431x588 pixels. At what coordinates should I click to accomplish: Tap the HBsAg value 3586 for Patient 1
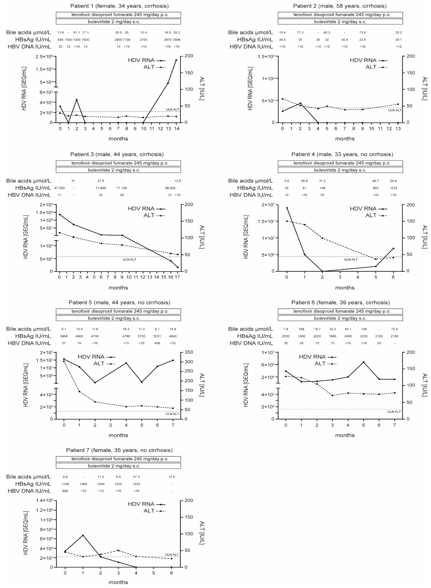coord(177,40)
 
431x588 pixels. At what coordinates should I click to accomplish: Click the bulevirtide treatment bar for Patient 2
coord(340,22)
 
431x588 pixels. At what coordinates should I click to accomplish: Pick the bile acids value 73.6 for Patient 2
coord(362,33)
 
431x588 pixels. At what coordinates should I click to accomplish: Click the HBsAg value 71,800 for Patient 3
coord(101,188)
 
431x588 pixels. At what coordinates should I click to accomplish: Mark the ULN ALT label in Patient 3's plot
coord(129,259)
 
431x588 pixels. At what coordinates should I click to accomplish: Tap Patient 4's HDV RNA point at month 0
coord(287,208)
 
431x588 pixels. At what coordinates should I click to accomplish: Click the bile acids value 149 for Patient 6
coord(363,329)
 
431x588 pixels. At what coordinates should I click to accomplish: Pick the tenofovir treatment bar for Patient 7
coord(118,459)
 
